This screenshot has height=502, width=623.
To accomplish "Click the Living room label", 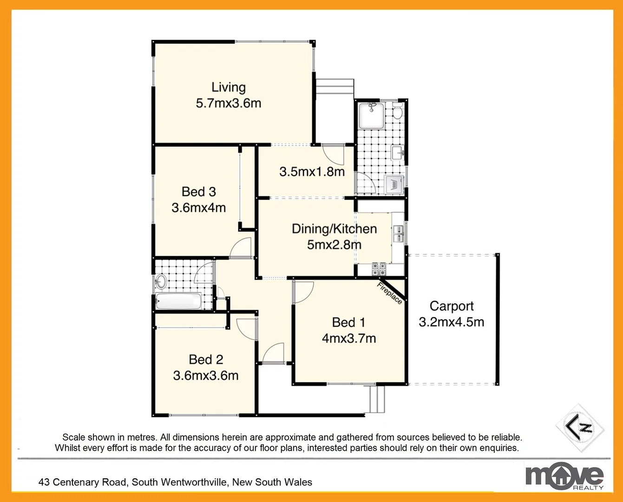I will click(228, 87).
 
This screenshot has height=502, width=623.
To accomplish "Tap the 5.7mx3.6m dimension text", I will click(228, 103).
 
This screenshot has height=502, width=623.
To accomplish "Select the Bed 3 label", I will click(198, 192).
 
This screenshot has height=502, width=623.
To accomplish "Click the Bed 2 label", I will click(206, 359).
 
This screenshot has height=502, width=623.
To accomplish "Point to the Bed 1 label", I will click(348, 322).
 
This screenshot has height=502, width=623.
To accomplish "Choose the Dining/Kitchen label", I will click(334, 229).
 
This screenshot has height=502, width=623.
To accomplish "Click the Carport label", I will click(451, 306).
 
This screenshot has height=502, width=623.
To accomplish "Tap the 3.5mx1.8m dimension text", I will click(312, 172).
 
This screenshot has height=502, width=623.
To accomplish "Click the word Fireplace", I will click(389, 293).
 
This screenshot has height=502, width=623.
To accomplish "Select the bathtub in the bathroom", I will click(178, 302).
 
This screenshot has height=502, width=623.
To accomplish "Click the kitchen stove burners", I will click(379, 268).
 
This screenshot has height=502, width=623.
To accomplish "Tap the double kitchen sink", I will click(398, 233).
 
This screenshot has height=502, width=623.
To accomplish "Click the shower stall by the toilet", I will click(371, 115).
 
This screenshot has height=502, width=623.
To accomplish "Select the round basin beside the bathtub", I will click(161, 281).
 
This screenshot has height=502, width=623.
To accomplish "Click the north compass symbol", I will click(580, 428).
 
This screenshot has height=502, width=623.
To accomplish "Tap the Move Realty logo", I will click(564, 476).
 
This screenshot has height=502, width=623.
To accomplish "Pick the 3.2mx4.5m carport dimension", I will click(451, 322).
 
